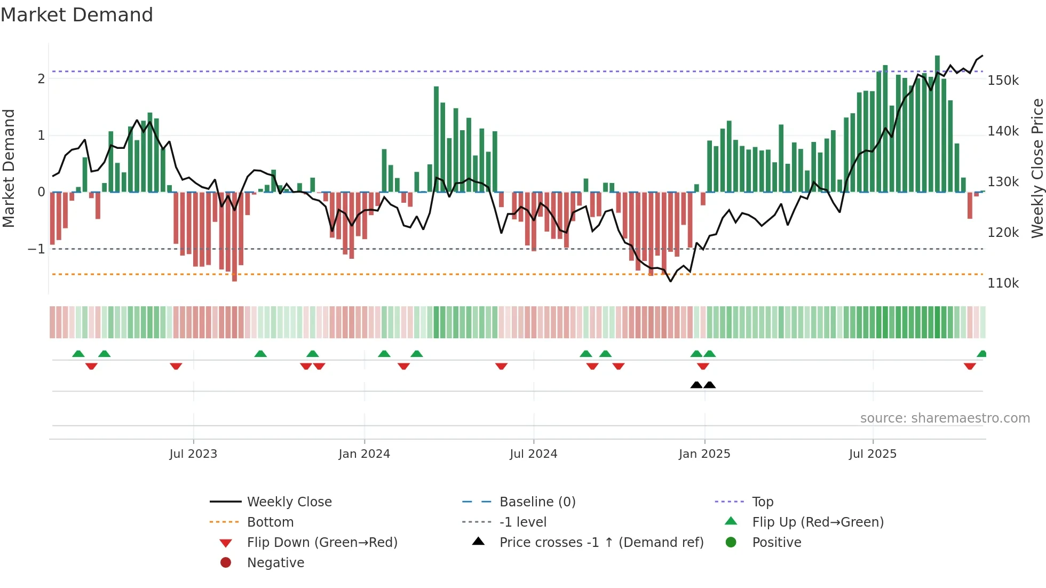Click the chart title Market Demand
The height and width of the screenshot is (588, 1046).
[77, 15]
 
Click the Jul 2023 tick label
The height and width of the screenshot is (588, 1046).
[193, 454]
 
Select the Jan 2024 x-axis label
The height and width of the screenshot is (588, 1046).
[364, 454]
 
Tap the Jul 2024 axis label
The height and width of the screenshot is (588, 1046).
[533, 454]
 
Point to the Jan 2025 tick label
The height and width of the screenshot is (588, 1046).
[704, 454]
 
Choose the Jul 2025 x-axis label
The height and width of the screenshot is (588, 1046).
[873, 454]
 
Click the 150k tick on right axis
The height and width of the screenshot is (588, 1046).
[1003, 81]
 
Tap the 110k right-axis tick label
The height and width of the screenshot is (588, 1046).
[1003, 283]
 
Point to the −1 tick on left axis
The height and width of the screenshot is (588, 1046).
[36, 249]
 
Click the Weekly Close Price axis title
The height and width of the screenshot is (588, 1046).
[1036, 168]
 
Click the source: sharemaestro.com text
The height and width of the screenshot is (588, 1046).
[945, 418]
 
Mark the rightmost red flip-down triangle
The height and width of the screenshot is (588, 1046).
[970, 366]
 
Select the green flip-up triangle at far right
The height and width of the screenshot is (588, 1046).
[981, 354]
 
